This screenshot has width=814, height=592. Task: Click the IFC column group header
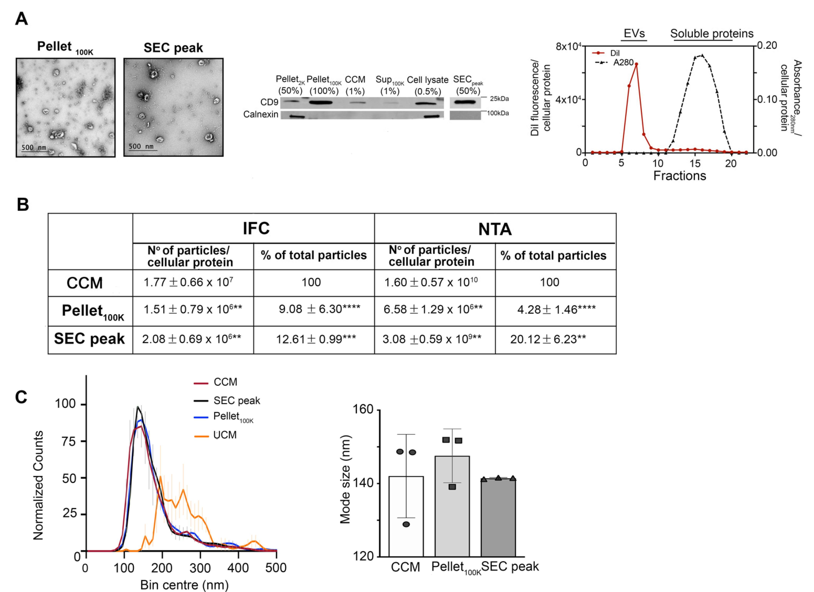(256, 228)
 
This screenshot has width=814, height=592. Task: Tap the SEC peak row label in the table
(89, 339)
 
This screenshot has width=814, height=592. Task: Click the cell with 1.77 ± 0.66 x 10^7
(188, 283)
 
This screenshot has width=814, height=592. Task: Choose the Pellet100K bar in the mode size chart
(452, 506)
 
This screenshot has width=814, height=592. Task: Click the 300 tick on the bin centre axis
(200, 568)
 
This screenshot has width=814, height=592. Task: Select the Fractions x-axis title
(679, 176)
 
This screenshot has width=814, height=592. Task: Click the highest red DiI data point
(636, 64)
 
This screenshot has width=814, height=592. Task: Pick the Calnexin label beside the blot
(261, 114)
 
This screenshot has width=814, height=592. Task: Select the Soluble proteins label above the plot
(712, 33)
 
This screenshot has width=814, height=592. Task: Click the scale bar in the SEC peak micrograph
(143, 150)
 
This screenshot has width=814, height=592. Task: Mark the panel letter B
(23, 205)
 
